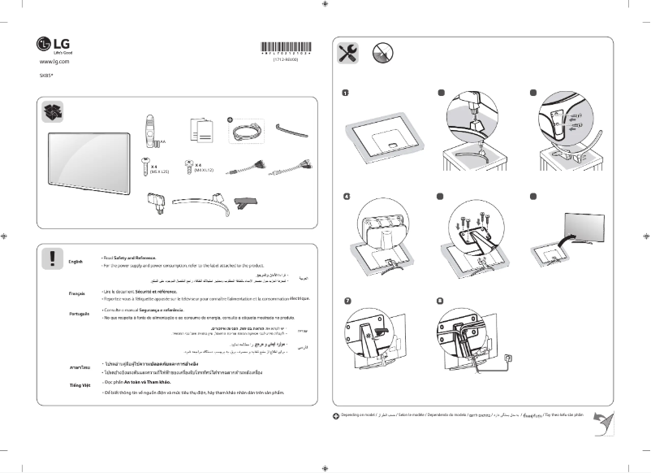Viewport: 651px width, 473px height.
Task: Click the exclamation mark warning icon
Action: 51,258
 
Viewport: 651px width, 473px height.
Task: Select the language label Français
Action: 77,293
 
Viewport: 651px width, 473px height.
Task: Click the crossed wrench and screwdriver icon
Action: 347,54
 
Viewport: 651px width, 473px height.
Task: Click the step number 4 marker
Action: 346,197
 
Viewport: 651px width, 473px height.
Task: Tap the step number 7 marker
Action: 346,301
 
